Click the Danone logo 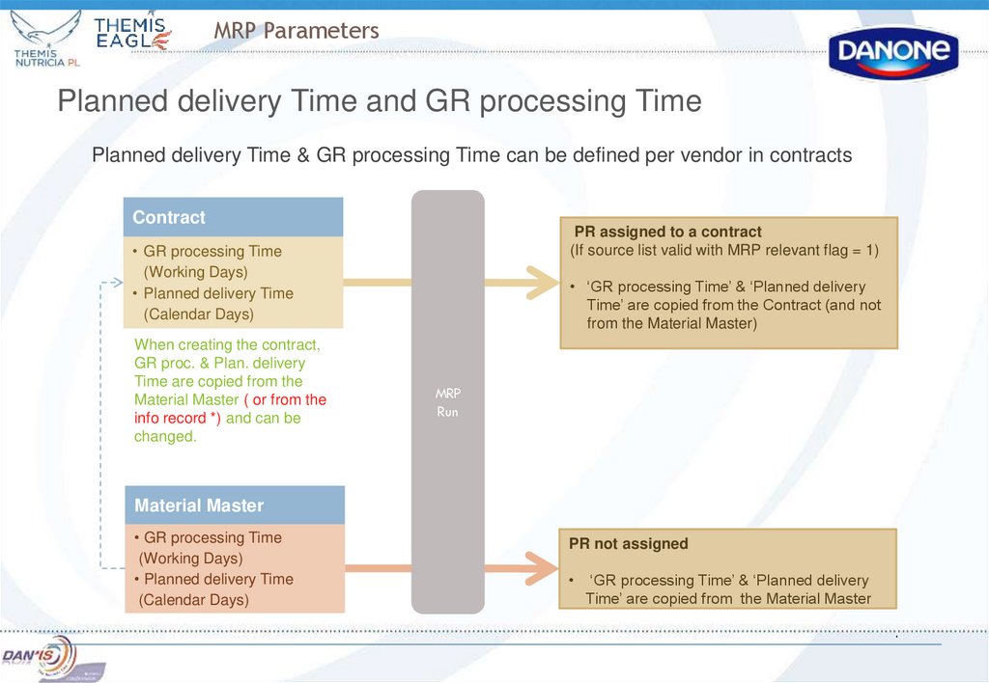892,52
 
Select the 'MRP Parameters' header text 297,31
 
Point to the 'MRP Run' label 447,403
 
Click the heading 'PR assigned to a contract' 667,232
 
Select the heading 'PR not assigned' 628,544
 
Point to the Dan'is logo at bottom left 39,656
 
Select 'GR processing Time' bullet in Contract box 212,251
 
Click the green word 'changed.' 165,436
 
